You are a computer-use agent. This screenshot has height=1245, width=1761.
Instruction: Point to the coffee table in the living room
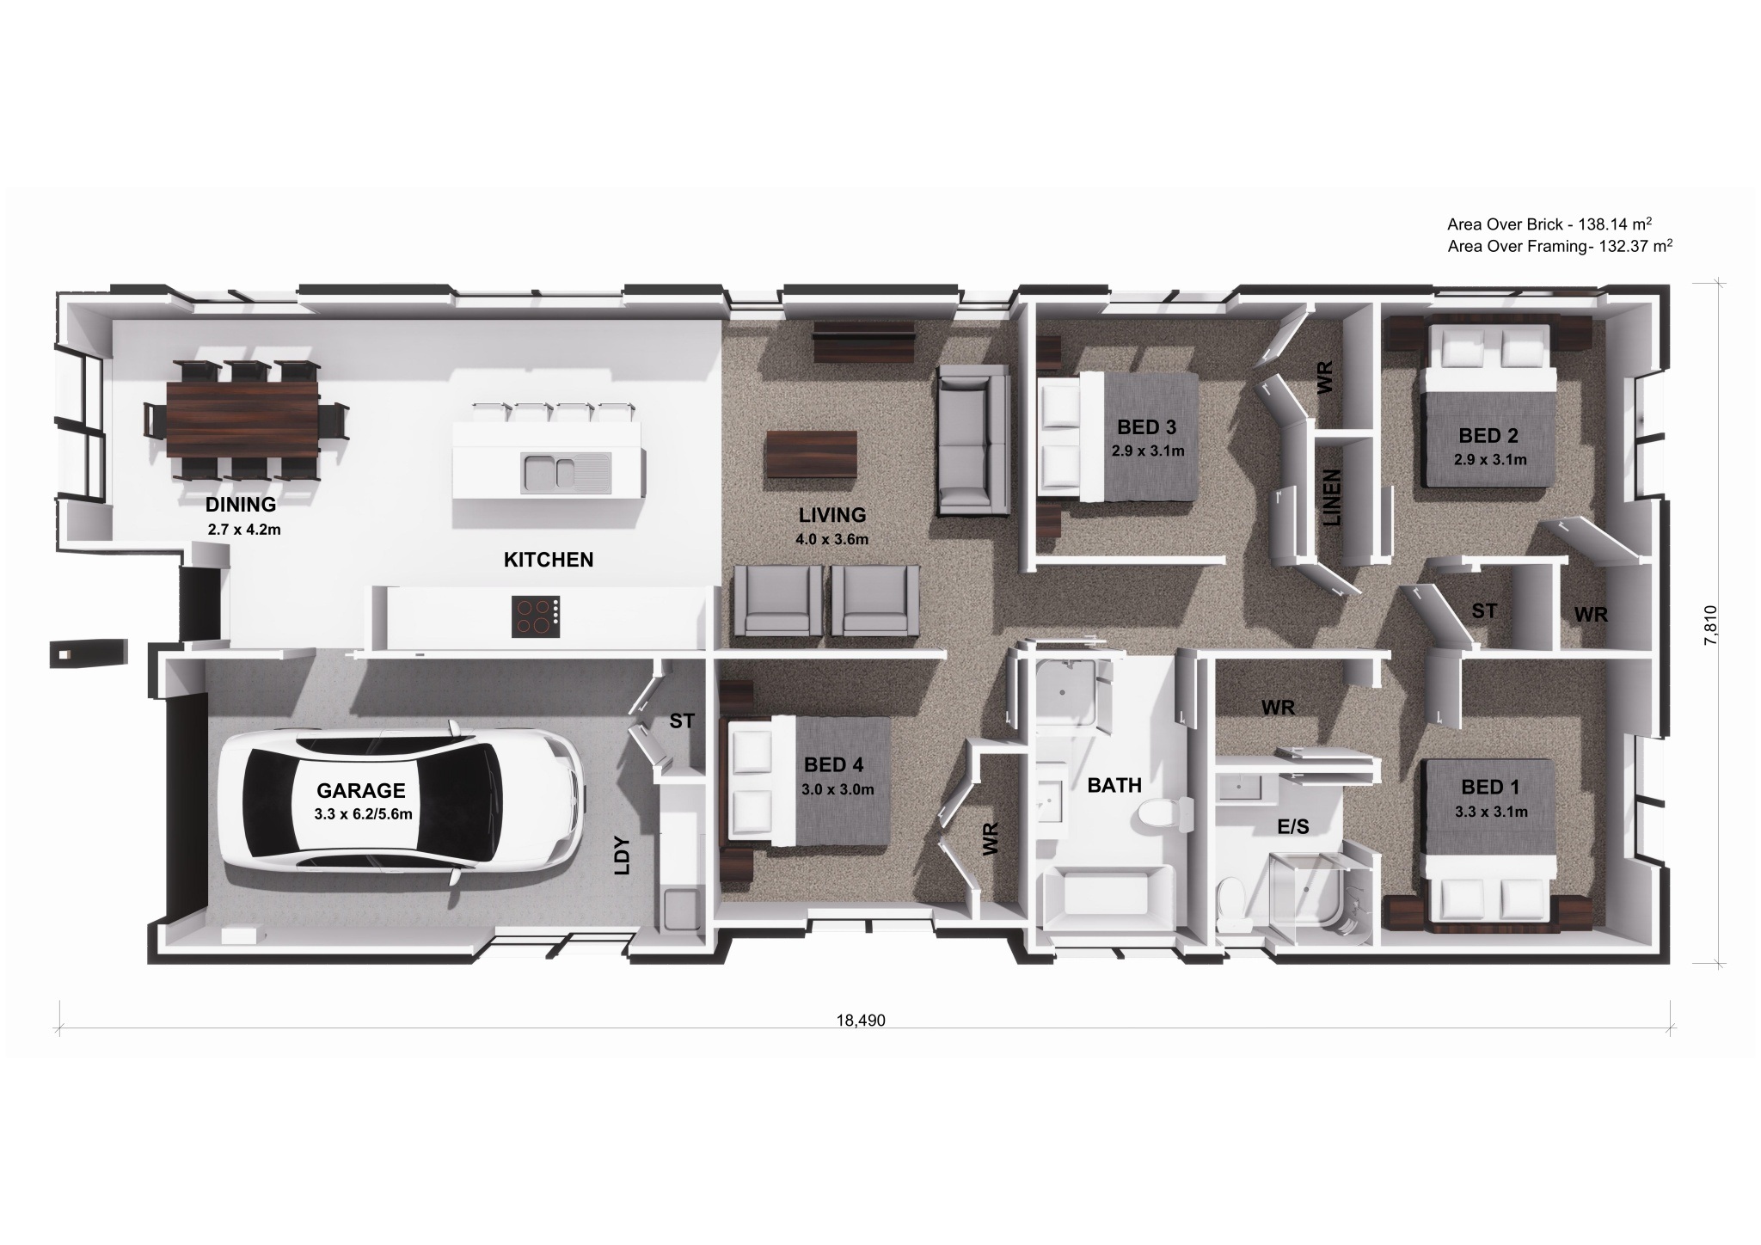[812, 453]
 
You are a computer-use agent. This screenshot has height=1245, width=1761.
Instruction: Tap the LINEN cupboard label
[1332, 499]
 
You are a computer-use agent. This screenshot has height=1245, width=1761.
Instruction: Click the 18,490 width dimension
[861, 1021]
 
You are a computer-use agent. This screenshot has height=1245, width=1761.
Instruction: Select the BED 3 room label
[1146, 426]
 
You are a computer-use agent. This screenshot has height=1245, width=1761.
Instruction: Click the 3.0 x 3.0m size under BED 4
[838, 789]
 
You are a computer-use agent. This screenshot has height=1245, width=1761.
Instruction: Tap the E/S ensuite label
[1292, 827]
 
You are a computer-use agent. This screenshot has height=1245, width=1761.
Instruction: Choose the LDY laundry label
[623, 856]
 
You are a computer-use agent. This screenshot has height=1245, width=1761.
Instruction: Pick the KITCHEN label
[549, 560]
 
